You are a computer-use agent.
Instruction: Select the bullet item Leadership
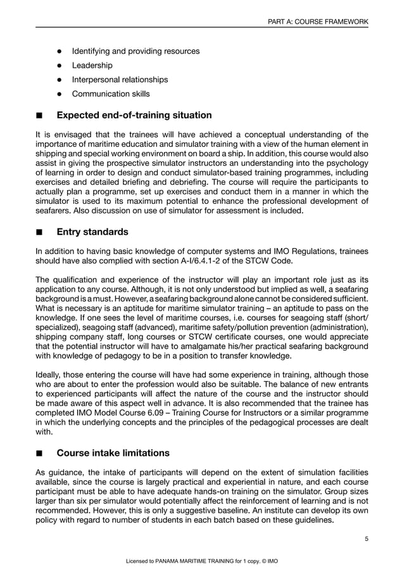click(92, 65)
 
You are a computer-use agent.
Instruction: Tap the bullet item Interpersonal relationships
click(120, 80)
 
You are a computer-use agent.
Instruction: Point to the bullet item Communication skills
click(111, 94)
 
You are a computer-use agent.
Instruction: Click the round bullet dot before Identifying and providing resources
click(59, 51)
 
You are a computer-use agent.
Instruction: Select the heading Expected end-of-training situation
click(134, 115)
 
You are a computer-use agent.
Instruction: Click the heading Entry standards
click(92, 232)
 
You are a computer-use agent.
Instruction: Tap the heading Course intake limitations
click(113, 453)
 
